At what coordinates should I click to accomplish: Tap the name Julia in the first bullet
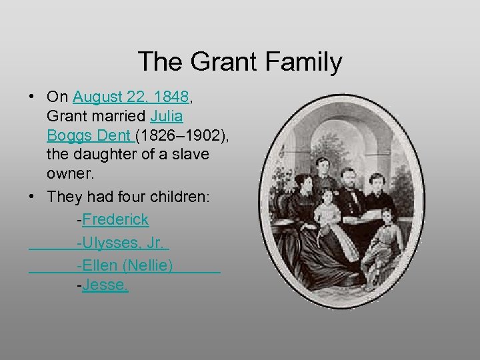(167, 116)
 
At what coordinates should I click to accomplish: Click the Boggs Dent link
(89, 135)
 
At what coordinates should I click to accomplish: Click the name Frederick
(116, 219)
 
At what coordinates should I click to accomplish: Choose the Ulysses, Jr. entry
(123, 243)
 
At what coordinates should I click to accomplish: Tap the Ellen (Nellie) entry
(125, 265)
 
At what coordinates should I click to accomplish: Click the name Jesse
(105, 285)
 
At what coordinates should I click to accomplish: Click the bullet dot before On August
(32, 97)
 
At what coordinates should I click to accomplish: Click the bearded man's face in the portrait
(348, 177)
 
